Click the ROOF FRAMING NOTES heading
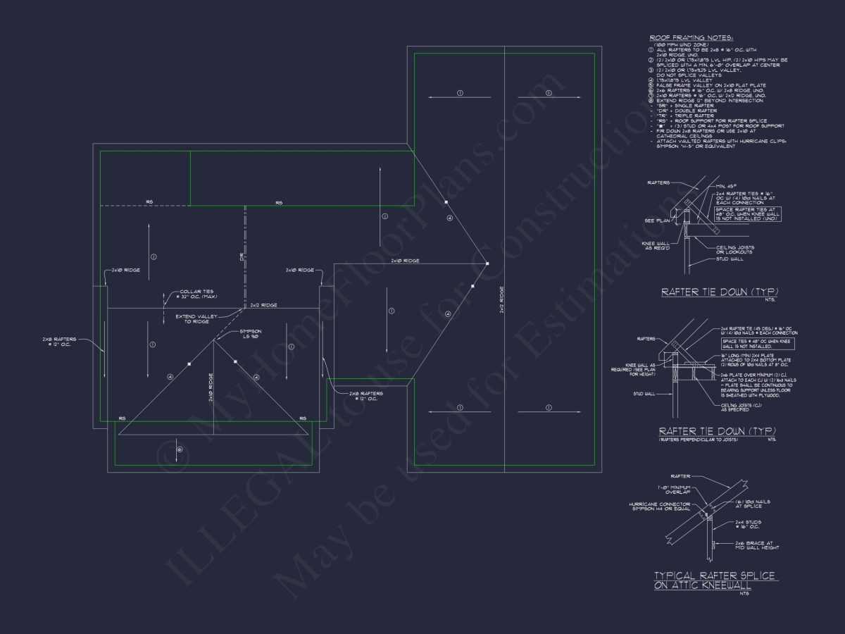pyautogui.click(x=681, y=37)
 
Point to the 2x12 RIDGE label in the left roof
pyautogui.click(x=263, y=305)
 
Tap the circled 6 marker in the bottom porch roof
pyautogui.click(x=180, y=449)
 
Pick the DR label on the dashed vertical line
pyautogui.click(x=240, y=259)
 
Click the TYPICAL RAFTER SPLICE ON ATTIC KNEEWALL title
pyautogui.click(x=715, y=580)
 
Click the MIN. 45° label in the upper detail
pyautogui.click(x=726, y=186)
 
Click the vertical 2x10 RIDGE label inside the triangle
pyautogui.click(x=211, y=387)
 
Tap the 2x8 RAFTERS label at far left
pyautogui.click(x=61, y=342)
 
